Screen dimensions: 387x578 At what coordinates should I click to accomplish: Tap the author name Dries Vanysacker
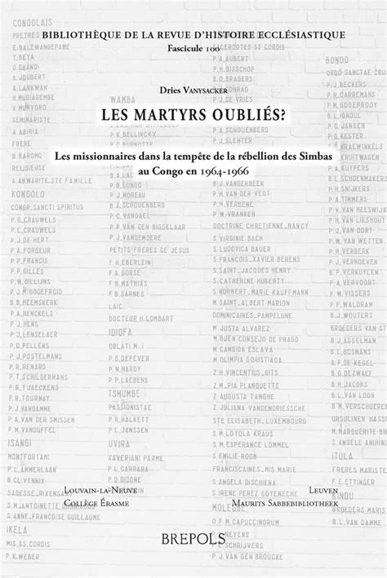coord(193,93)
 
